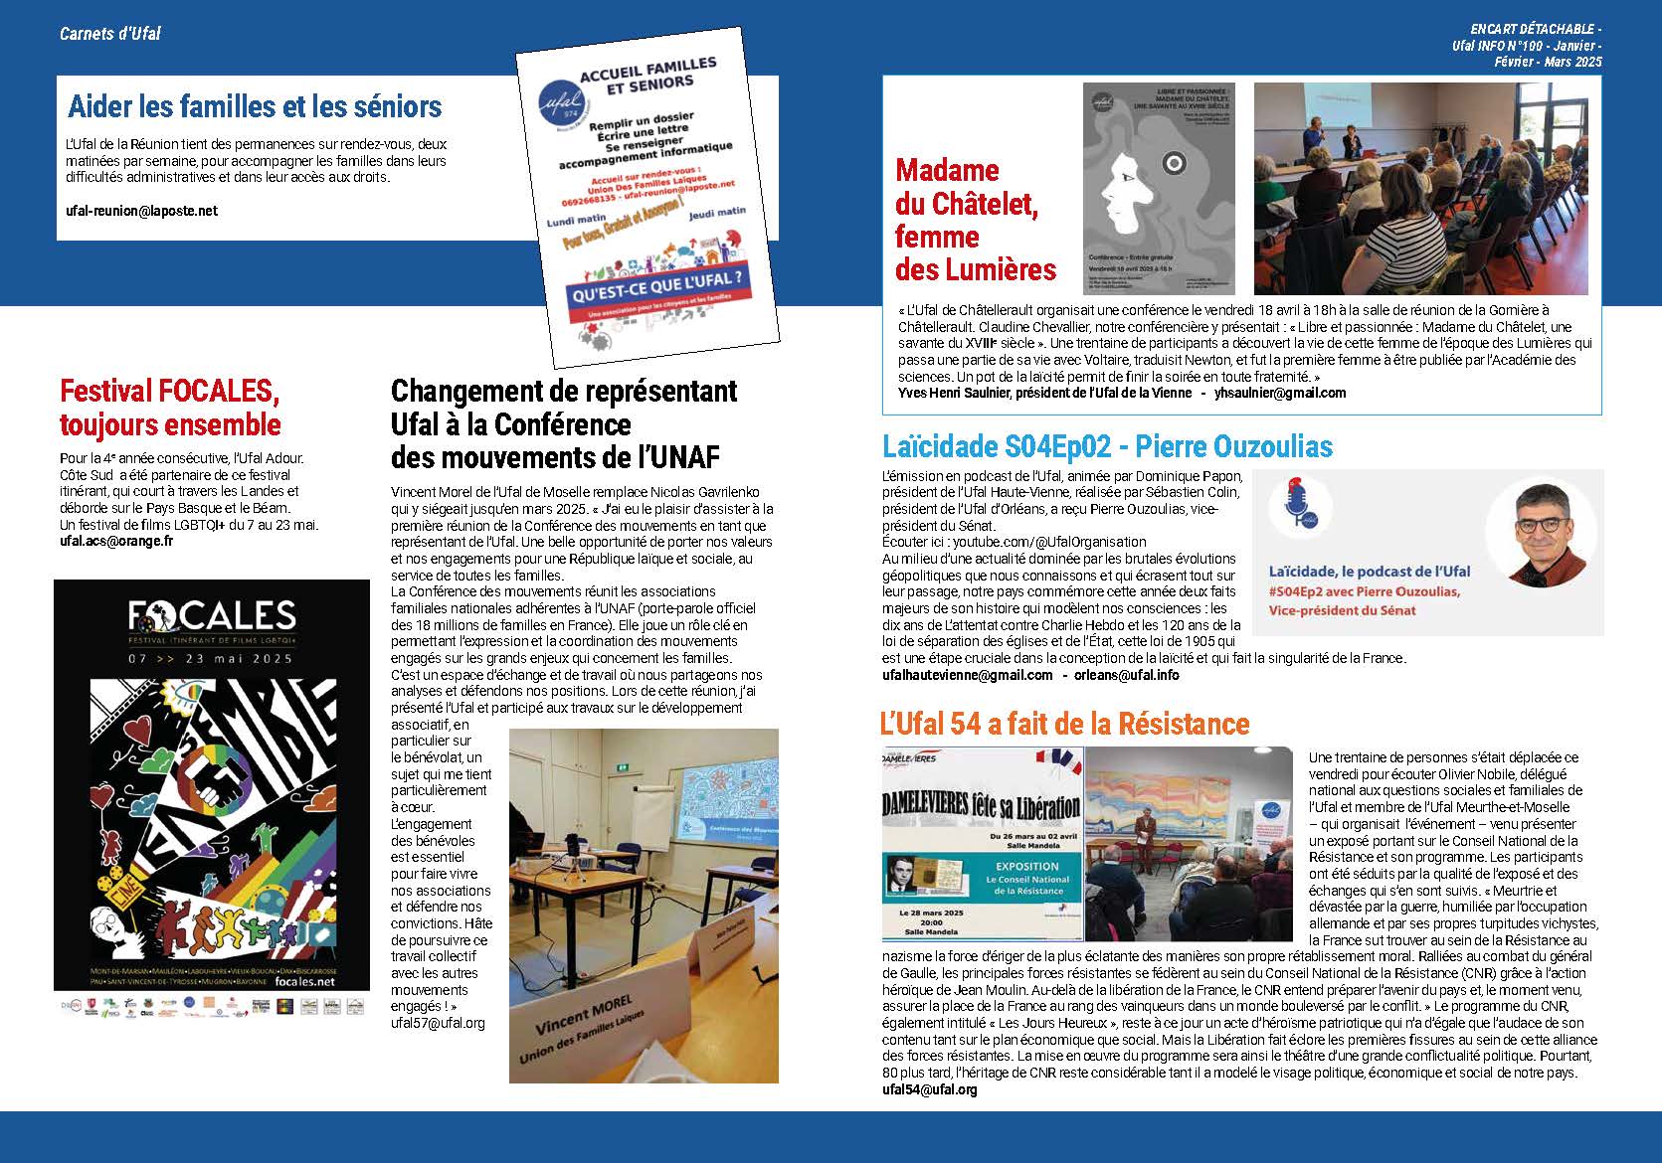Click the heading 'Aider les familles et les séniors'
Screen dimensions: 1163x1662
255,106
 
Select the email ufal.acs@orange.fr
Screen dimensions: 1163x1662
116,541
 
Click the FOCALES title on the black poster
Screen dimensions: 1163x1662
211,617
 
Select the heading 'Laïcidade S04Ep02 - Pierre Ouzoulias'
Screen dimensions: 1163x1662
1107,446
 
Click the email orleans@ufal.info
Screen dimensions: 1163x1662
1127,675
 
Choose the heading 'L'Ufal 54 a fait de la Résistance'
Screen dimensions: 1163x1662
1064,723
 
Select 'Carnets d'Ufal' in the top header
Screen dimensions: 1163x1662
109,34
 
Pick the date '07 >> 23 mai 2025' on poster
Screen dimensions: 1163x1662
211,659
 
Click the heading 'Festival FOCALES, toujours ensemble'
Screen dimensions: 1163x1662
170,408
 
